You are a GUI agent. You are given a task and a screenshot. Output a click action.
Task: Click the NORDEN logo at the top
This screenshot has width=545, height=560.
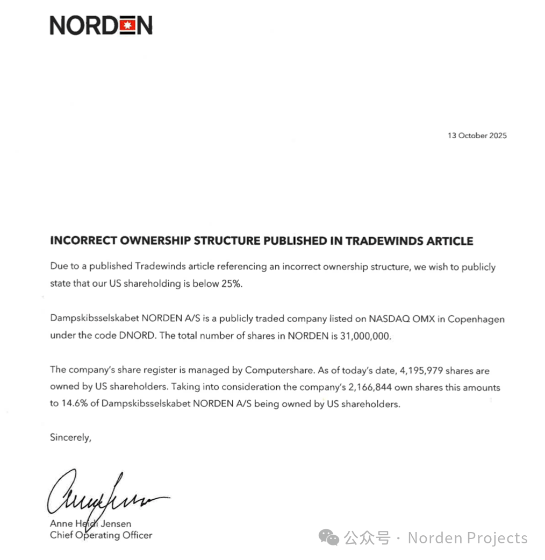(x=101, y=25)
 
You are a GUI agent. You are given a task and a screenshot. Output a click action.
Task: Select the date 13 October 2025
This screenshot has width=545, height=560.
(x=477, y=136)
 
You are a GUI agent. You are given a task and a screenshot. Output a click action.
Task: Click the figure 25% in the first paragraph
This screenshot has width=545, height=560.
(x=232, y=283)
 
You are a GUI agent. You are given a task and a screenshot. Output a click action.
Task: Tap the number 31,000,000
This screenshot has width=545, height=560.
(x=364, y=335)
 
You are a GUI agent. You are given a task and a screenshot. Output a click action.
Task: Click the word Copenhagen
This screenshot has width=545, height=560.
(x=476, y=319)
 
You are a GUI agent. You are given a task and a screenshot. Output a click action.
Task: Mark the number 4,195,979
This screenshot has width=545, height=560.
(x=417, y=370)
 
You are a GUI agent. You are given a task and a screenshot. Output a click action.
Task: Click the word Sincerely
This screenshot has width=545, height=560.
(x=70, y=437)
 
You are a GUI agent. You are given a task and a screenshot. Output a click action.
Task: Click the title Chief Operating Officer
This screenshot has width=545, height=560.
(x=101, y=535)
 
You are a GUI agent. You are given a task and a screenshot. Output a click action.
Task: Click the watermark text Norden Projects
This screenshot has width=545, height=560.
(x=468, y=537)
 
